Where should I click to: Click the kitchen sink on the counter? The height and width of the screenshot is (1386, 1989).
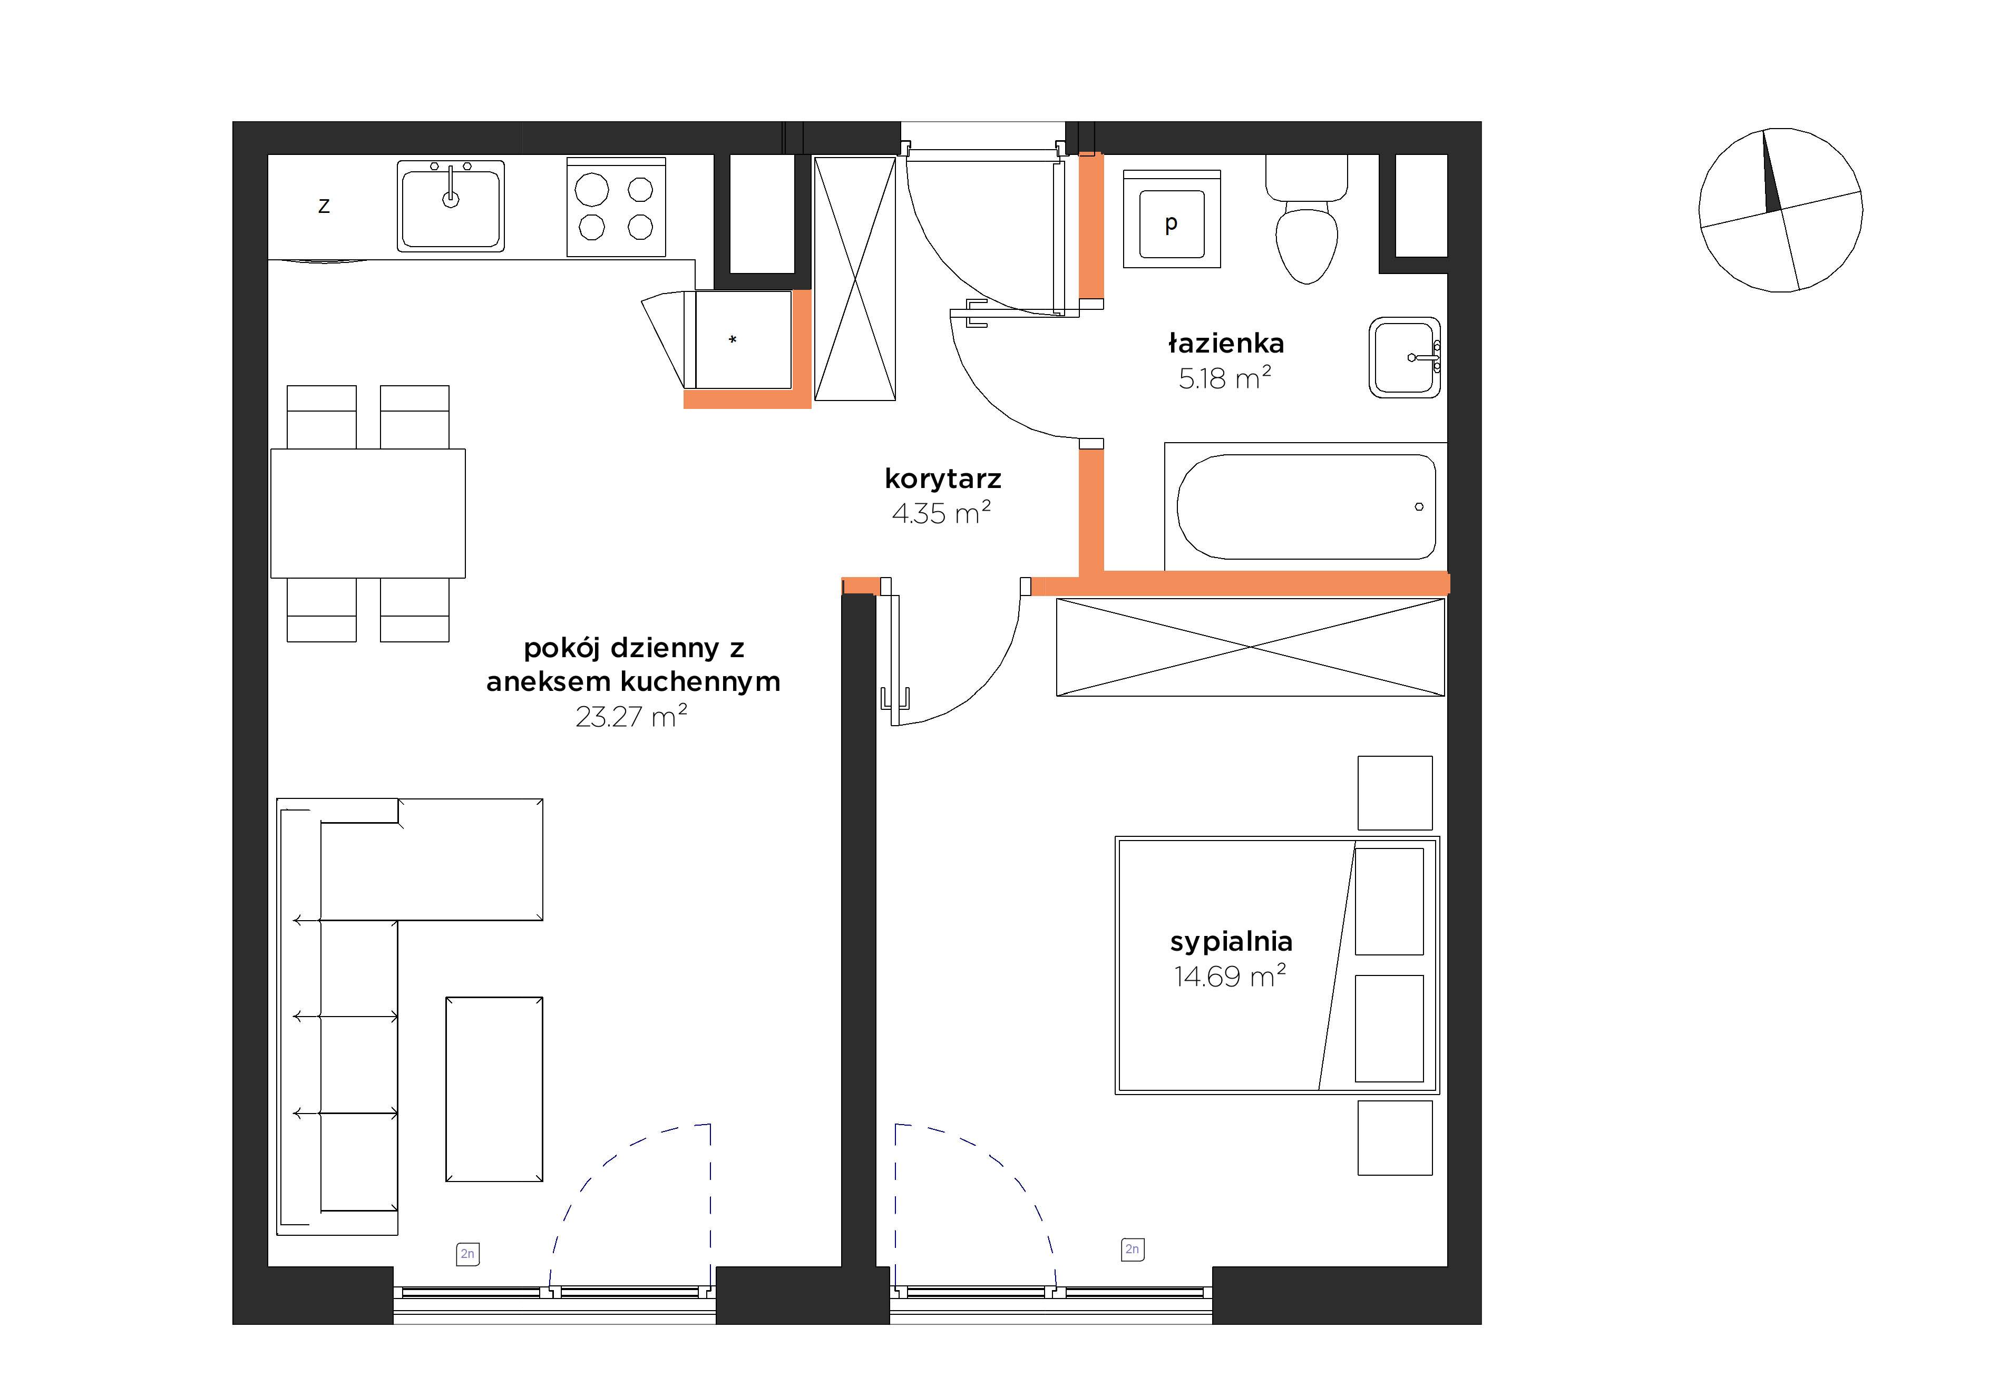click(x=451, y=206)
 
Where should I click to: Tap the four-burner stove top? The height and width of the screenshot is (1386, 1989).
click(x=616, y=207)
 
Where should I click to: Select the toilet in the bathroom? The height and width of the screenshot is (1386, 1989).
click(x=1306, y=219)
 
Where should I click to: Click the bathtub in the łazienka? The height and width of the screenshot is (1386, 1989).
click(x=1305, y=507)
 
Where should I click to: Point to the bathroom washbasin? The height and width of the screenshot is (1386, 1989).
click(x=1404, y=357)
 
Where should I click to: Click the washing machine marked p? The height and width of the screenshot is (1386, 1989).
click(x=1171, y=219)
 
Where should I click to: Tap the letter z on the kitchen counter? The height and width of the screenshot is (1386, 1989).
click(x=324, y=206)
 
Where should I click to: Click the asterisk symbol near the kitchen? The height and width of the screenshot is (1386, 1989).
click(x=733, y=339)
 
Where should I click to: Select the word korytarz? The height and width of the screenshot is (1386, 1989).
click(x=942, y=479)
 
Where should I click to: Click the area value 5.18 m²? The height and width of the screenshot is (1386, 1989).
click(x=1224, y=378)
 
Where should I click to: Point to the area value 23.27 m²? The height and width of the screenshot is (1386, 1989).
click(x=631, y=716)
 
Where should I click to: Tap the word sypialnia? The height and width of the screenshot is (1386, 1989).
click(x=1231, y=942)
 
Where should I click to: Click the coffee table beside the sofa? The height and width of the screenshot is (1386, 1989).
click(x=494, y=1089)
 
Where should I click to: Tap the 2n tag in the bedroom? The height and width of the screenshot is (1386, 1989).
click(x=1132, y=1249)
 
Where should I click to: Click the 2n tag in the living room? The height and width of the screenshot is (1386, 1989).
click(x=468, y=1254)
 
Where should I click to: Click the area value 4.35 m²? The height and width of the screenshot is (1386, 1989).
click(x=942, y=513)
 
